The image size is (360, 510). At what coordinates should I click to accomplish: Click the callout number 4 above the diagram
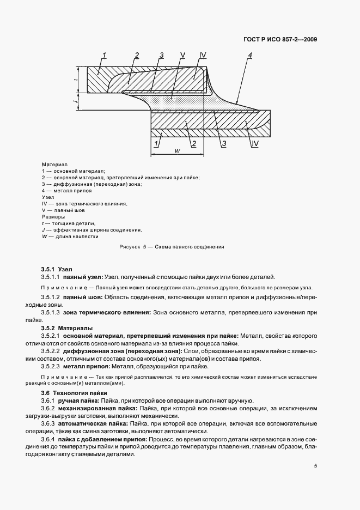[x=249, y=55]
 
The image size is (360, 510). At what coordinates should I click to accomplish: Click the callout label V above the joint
[x=182, y=55]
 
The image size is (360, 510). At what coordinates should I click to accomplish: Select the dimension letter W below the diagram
[x=178, y=151]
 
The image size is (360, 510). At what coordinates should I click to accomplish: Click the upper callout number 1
[x=104, y=55]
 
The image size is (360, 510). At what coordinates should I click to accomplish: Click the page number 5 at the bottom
[x=315, y=466]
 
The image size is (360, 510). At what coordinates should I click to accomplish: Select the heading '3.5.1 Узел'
[x=56, y=269]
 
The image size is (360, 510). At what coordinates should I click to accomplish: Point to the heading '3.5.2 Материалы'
[x=66, y=328]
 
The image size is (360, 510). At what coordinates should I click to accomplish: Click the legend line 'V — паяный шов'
[x=63, y=210]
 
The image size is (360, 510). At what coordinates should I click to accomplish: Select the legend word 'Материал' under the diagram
[x=54, y=165]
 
